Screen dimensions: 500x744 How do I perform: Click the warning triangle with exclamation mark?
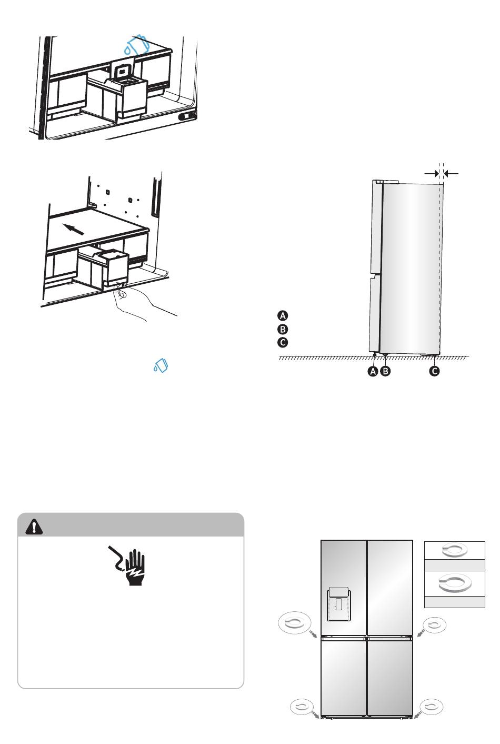[34, 527]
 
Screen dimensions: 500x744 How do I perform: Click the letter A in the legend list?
[283, 315]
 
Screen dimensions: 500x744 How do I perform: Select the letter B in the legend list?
[283, 329]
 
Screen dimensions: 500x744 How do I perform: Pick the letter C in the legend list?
[283, 342]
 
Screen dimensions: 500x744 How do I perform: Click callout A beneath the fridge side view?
[373, 371]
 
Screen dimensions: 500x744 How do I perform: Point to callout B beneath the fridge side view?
[385, 371]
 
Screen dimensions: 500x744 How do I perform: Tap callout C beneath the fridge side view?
[434, 371]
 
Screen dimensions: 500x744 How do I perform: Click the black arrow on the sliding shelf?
[73, 229]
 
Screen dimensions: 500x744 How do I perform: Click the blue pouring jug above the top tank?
[137, 45]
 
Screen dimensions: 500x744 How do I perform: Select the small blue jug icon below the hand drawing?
[161, 365]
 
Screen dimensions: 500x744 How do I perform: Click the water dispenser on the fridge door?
[339, 604]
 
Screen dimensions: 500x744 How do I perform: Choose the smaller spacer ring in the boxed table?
[455, 550]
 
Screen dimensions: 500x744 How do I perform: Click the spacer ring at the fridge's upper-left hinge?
[294, 622]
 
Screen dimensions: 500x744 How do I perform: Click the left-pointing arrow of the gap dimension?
[452, 173]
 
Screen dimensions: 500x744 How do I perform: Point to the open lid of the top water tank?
[123, 71]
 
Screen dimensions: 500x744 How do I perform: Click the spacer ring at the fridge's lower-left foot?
[302, 707]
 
